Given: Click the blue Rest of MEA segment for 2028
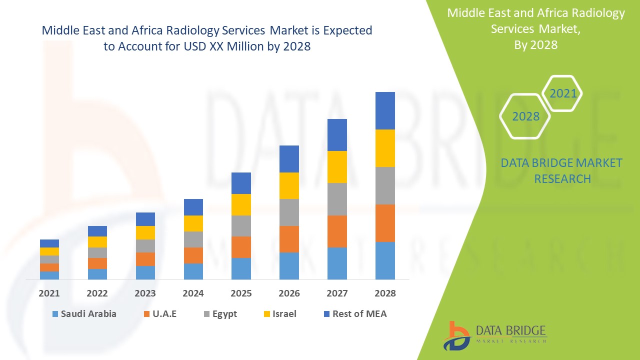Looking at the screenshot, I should [x=385, y=110].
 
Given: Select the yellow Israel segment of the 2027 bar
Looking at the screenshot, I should [x=337, y=167].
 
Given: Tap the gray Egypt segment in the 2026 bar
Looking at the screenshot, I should [x=289, y=212].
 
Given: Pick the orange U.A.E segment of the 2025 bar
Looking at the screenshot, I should [x=241, y=247].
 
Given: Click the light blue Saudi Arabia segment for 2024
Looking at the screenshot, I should [x=193, y=271].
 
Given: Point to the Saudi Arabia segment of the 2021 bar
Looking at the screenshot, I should [x=49, y=275].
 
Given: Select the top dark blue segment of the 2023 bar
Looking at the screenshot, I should [x=145, y=219].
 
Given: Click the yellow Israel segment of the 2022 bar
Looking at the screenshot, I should [x=97, y=242].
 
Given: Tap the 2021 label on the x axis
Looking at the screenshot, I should [x=49, y=293].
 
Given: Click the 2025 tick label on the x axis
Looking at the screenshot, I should [x=241, y=293].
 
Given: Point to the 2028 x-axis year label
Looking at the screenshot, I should [x=385, y=293].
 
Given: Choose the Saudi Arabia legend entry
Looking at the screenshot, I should [x=84, y=314].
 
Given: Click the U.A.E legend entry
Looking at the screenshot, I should [x=159, y=314].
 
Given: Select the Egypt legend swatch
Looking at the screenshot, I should [x=206, y=314].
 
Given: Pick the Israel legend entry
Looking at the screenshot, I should [x=280, y=314].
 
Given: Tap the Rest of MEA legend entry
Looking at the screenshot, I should [x=355, y=314].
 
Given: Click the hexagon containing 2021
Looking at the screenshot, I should [x=562, y=93].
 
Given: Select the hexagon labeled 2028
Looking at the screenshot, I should [x=525, y=116].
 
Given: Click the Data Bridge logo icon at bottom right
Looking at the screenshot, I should [x=456, y=335].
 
